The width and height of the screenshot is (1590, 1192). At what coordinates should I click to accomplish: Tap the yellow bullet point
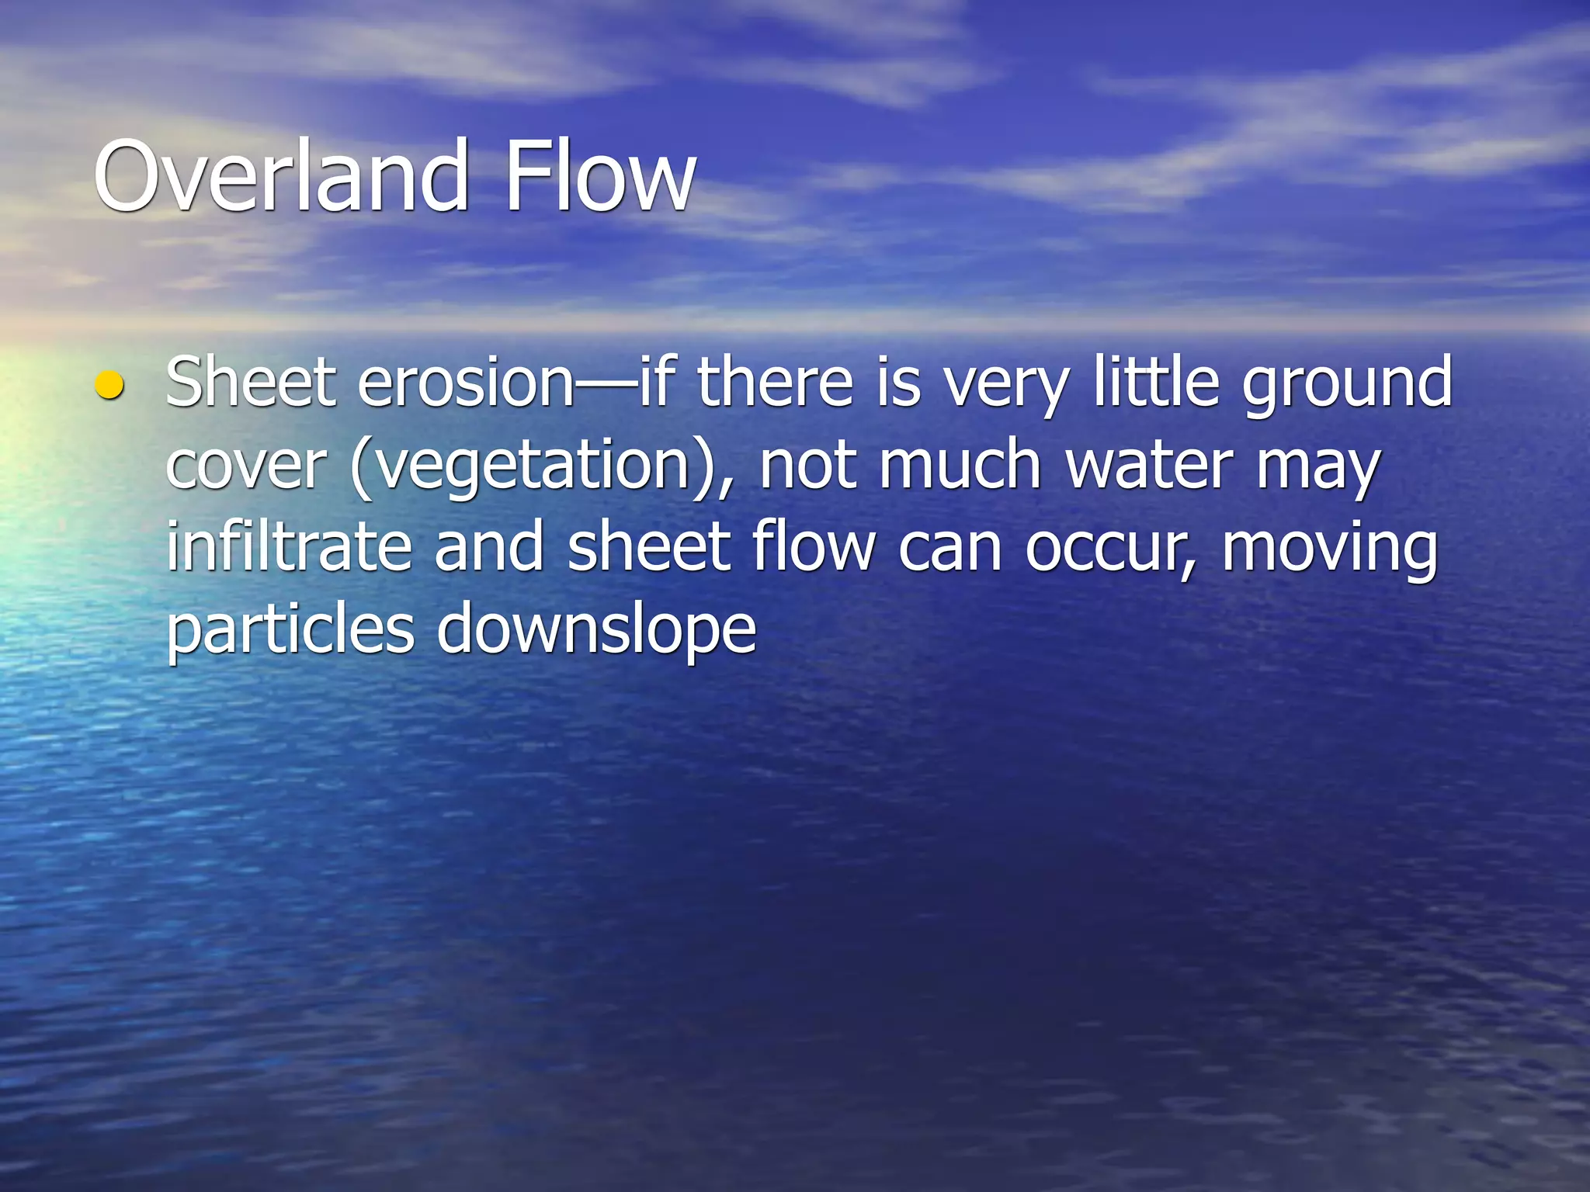[x=109, y=385]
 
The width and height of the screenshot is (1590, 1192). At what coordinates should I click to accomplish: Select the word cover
[x=245, y=467]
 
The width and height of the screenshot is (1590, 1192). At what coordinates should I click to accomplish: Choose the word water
[x=1149, y=466]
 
